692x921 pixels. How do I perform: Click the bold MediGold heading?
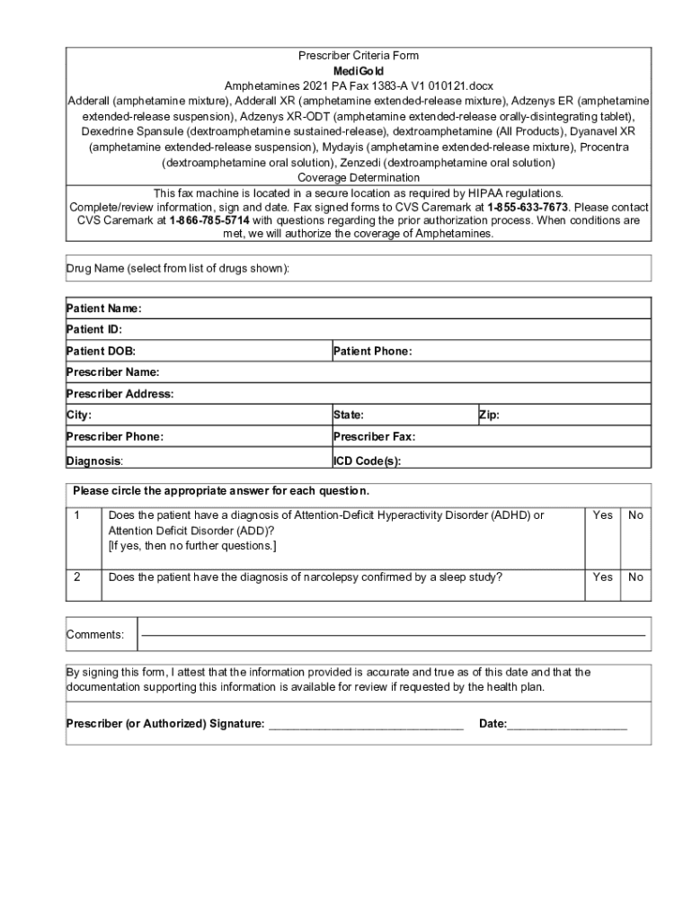click(359, 70)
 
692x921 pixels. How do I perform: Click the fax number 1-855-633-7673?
click(528, 207)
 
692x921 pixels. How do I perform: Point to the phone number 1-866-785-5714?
click(208, 220)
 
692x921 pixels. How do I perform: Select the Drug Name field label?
click(178, 269)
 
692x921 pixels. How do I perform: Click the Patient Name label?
click(103, 308)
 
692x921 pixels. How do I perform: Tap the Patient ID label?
click(94, 330)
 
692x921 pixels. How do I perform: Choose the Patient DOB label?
click(101, 351)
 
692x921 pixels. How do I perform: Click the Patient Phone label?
click(372, 351)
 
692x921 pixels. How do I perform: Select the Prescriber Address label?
click(120, 394)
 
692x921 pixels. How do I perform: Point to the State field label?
click(349, 416)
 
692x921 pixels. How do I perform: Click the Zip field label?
click(489, 416)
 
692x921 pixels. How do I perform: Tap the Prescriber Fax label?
click(374, 437)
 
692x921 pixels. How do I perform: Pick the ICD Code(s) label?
click(367, 460)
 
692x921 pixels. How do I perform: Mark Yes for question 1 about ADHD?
click(603, 515)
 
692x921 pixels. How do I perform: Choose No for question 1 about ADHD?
click(635, 515)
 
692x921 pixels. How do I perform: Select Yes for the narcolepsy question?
click(603, 577)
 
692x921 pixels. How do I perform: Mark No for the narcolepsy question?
click(635, 577)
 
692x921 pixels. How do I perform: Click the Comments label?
click(95, 635)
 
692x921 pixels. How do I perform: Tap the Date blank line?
click(567, 725)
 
